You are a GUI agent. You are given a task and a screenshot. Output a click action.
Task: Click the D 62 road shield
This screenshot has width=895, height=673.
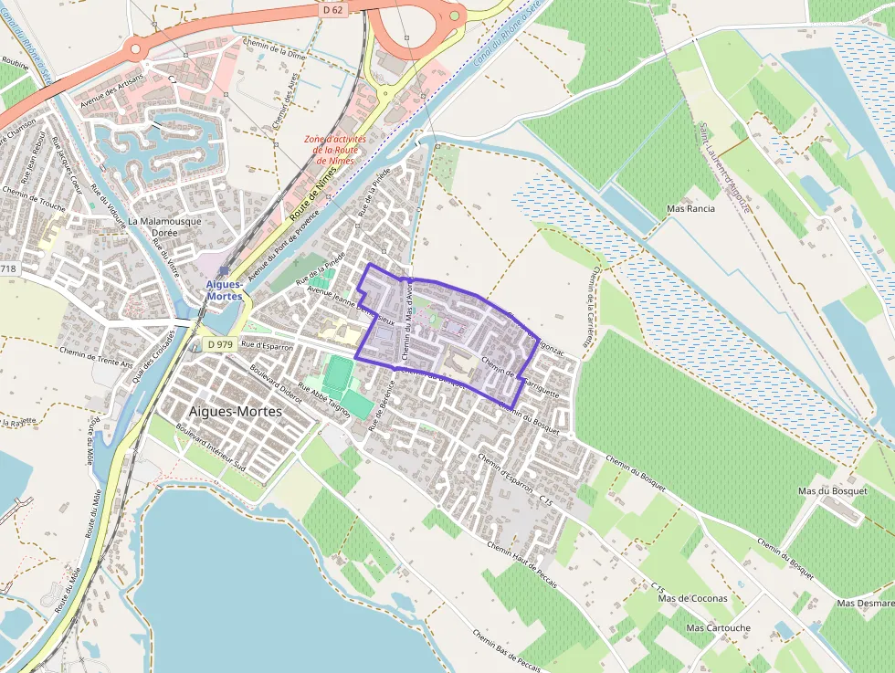332,10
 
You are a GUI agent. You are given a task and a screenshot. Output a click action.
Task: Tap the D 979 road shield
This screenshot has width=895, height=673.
220,344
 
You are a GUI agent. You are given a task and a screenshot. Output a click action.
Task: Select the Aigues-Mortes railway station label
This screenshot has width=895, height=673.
224,290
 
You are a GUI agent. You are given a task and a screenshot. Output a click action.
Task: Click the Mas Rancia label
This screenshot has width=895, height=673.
691,208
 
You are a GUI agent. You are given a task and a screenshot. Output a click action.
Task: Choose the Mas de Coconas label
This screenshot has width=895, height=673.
693,598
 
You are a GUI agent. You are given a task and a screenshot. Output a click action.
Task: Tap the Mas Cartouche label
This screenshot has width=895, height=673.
718,628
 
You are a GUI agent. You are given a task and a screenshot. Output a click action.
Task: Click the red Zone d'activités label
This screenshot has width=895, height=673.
335,150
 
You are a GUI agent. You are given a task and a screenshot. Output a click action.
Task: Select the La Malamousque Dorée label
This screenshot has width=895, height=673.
165,226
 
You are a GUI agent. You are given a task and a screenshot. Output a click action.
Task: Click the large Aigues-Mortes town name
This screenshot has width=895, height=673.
236,412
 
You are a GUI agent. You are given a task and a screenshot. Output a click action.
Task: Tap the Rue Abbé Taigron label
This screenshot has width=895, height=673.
325,397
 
